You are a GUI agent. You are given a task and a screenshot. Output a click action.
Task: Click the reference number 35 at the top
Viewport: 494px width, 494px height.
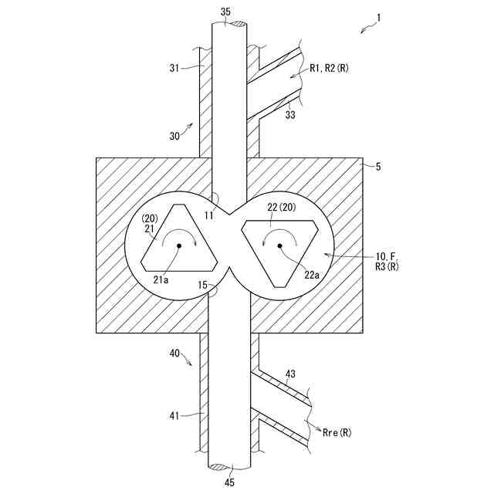pos(225,12)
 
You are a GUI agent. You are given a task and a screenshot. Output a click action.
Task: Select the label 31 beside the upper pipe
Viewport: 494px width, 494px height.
pos(174,68)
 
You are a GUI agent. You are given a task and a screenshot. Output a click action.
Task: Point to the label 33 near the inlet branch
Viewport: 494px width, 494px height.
pos(291,115)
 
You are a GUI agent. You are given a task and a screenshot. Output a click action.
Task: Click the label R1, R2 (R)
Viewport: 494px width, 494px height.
pos(329,68)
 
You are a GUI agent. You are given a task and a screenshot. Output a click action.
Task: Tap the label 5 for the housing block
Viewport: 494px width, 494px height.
pos(377,165)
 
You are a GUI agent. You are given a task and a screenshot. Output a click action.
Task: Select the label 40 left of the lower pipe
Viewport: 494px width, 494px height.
pos(175,353)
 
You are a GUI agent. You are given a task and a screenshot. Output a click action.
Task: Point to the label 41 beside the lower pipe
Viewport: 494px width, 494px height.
pos(174,416)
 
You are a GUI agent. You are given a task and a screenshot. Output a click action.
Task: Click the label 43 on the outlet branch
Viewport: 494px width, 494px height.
pos(290,374)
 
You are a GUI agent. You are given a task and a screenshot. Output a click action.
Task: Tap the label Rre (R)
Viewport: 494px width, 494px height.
pos(336,433)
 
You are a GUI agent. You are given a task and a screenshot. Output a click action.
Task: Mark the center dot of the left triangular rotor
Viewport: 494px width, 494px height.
pos(178,245)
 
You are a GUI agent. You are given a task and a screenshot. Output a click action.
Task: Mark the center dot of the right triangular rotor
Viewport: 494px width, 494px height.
pos(280,245)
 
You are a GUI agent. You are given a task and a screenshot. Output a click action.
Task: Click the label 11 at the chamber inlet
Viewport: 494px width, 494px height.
pos(208,215)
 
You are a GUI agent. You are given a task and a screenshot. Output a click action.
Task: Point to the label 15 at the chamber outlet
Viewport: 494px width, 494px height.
pos(202,285)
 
